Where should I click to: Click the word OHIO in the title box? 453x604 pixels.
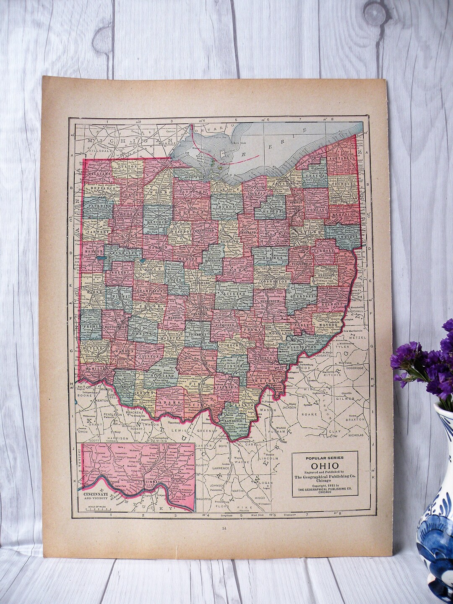pyautogui.click(x=325, y=466)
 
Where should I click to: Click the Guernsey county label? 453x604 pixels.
pyautogui.click(x=302, y=296)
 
